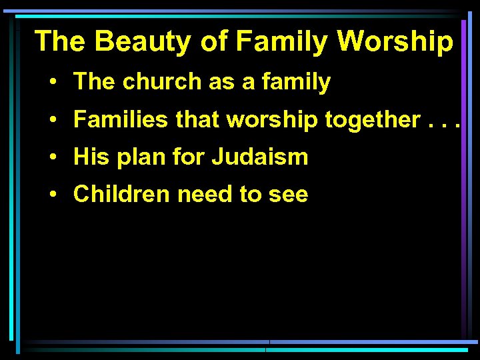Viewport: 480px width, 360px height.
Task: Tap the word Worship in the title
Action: [395, 41]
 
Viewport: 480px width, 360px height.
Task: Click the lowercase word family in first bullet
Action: [297, 82]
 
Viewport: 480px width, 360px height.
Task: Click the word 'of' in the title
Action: [213, 41]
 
